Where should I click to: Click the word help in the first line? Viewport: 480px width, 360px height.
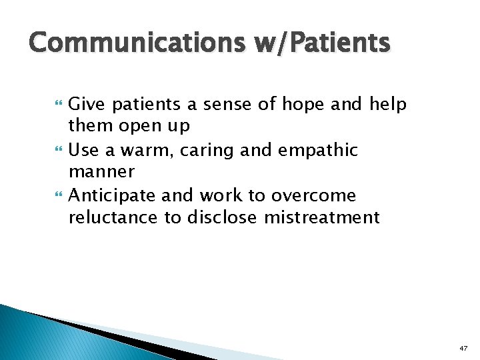tap(387, 104)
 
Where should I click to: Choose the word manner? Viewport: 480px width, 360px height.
tap(101, 172)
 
